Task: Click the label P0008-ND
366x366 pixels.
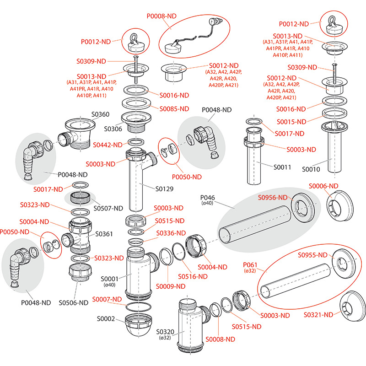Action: [x=161, y=16]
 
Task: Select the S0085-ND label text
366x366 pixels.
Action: [x=174, y=109]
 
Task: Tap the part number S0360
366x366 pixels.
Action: [x=100, y=114]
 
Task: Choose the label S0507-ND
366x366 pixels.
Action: [x=108, y=208]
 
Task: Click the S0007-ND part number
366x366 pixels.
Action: [x=107, y=299]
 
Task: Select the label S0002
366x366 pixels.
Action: [x=106, y=319]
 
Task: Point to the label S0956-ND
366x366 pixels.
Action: [x=273, y=198]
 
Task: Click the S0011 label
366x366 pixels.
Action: [x=282, y=167]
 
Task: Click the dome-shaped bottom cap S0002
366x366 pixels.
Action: [x=138, y=328]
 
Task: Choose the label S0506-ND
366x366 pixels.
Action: [x=73, y=302]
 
